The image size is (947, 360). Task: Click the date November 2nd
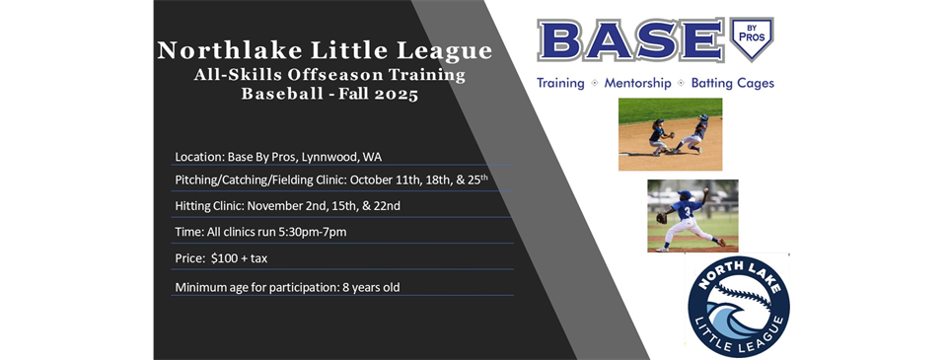283,206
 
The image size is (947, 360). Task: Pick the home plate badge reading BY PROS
752,37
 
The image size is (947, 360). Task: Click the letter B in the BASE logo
560,41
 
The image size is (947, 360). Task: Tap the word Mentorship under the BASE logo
638,83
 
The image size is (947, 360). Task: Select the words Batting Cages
733,83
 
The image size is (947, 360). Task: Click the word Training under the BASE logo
560,84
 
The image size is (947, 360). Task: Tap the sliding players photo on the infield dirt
671,134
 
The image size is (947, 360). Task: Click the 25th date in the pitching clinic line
474,180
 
